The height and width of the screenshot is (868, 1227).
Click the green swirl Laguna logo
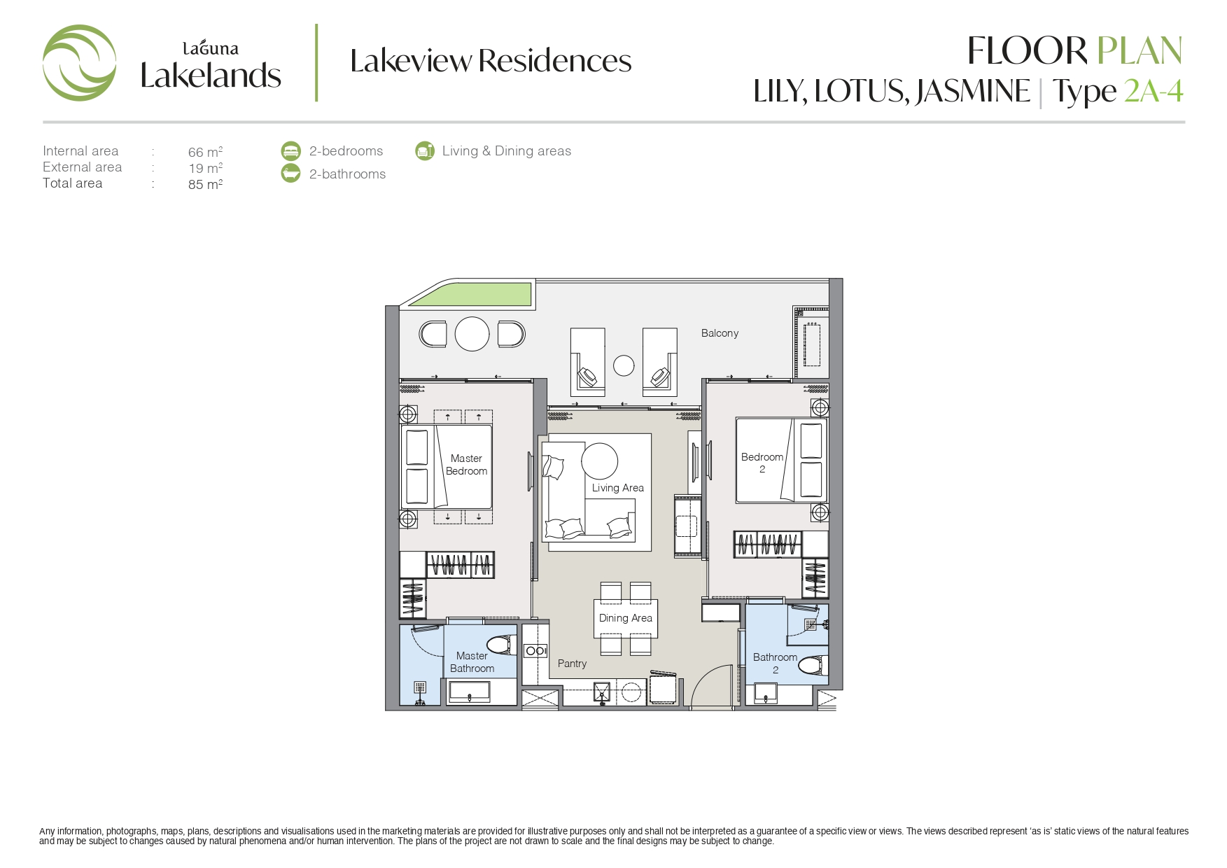79,63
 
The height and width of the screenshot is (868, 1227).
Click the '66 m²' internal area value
205,151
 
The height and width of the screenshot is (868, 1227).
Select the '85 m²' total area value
205,184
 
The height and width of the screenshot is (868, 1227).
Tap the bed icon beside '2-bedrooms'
290,150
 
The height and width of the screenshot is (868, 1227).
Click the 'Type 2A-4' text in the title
1118,92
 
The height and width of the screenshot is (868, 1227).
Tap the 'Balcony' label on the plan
720,333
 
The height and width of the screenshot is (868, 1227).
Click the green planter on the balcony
472,294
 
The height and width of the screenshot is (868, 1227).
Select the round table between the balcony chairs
472,334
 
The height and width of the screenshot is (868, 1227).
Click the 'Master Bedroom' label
467,465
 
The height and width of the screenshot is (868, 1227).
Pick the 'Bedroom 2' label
762,463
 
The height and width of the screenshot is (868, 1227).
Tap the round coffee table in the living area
600,461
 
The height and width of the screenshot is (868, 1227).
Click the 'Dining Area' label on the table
626,618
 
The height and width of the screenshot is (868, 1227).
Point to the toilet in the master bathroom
501,645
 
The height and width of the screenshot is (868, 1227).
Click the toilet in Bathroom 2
813,665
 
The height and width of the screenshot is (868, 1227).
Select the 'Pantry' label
573,664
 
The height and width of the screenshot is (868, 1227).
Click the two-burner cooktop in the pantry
536,651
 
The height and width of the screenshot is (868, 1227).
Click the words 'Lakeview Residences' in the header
491,61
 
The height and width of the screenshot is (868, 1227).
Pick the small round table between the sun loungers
624,365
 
